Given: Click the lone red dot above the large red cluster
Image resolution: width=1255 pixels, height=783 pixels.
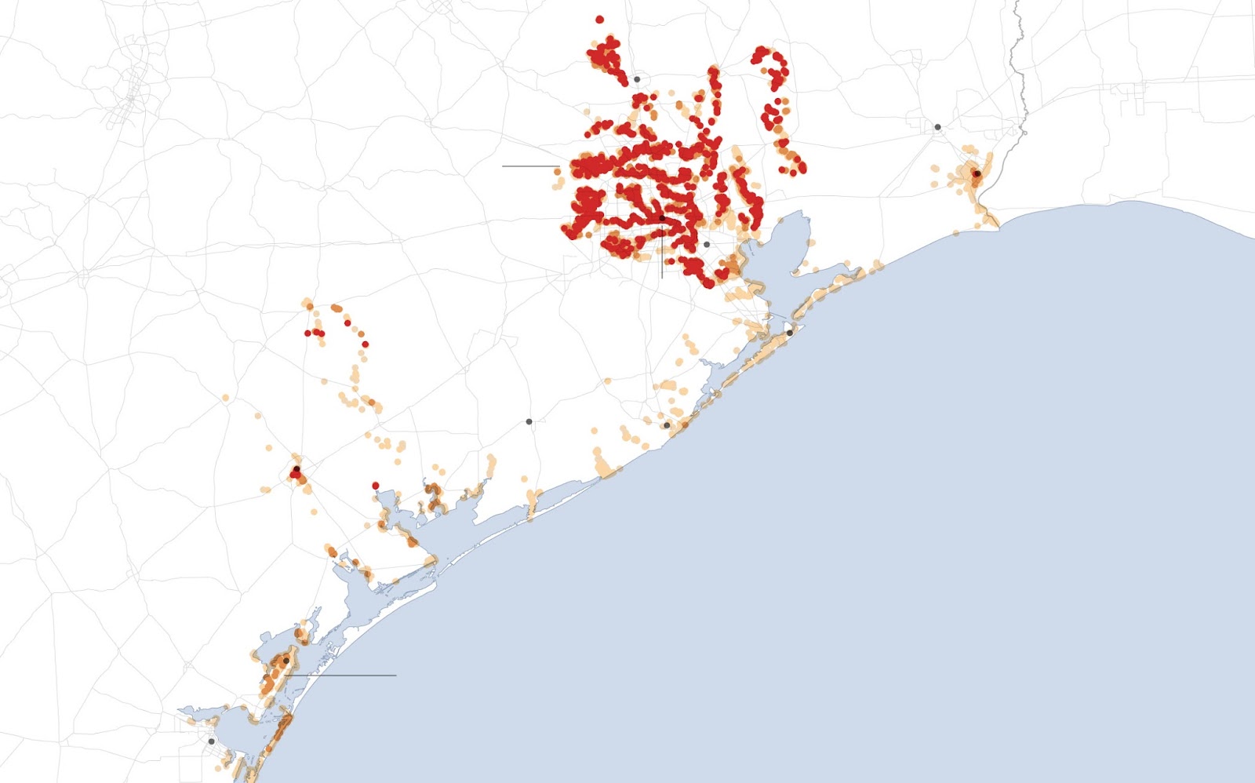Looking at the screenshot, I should pyautogui.click(x=599, y=20).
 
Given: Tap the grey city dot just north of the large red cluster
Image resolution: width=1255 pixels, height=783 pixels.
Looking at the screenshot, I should pyautogui.click(x=637, y=79).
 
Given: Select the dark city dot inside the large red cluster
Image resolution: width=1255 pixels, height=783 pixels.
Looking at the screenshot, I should pyautogui.click(x=662, y=218).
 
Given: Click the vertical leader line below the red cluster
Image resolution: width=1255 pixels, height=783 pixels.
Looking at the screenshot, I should pyautogui.click(x=662, y=259).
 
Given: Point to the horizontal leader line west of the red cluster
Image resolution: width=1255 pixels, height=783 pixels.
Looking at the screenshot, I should pyautogui.click(x=529, y=166).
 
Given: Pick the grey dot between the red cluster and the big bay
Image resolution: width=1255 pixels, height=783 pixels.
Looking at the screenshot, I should pyautogui.click(x=706, y=245).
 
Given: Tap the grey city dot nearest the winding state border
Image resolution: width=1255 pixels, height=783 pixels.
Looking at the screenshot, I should pyautogui.click(x=937, y=126).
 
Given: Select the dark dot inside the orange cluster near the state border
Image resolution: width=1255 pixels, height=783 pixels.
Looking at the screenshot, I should pyautogui.click(x=977, y=173).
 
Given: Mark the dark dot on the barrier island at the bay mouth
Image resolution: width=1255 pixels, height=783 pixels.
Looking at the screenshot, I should pyautogui.click(x=789, y=333).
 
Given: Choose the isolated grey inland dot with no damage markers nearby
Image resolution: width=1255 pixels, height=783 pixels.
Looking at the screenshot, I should pyautogui.click(x=529, y=422).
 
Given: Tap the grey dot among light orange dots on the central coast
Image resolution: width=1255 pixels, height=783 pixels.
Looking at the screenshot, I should pyautogui.click(x=667, y=425).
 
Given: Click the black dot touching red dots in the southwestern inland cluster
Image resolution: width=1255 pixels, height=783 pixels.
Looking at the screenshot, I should pyautogui.click(x=296, y=469).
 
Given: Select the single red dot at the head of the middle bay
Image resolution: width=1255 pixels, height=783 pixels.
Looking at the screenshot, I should pyautogui.click(x=376, y=486).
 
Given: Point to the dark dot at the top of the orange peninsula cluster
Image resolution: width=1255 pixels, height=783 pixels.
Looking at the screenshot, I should pyautogui.click(x=286, y=661).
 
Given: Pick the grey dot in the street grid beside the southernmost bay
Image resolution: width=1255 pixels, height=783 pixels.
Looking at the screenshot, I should pyautogui.click(x=211, y=741).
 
